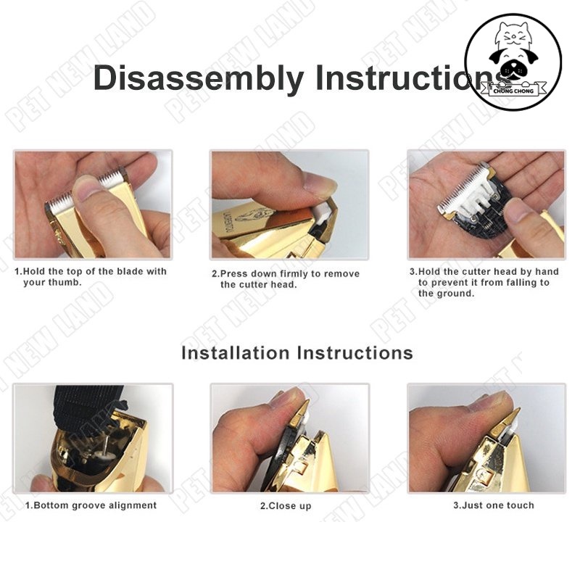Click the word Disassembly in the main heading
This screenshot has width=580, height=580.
tap(198, 78)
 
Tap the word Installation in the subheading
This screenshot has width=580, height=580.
tap(235, 352)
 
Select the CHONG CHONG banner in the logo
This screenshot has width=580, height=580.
tap(513, 90)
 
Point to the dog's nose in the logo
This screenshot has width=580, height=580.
tap(513, 69)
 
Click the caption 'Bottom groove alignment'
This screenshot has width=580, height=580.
tap(95, 505)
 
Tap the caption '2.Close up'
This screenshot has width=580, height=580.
tap(286, 505)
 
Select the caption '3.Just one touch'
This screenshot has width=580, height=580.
tap(494, 505)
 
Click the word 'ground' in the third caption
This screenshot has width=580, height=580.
tap(456, 294)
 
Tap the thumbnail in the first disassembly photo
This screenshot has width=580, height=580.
tap(86, 188)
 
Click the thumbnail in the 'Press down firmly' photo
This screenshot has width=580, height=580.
tap(319, 183)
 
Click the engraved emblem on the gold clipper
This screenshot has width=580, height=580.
tap(253, 215)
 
